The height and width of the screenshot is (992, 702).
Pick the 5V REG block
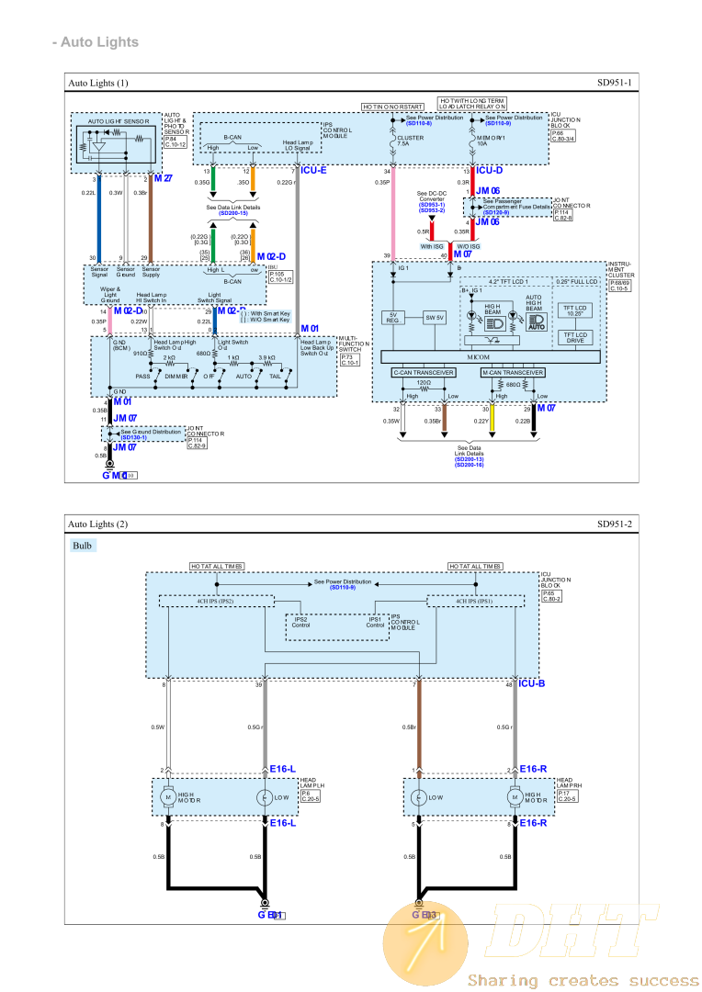coord(391,318)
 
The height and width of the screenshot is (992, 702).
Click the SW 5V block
coord(434,318)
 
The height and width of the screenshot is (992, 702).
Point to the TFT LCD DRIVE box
coord(575,337)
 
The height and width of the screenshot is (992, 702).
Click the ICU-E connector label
coord(313,171)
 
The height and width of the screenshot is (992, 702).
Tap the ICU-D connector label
coord(490,171)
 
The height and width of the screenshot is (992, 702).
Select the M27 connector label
coord(163,177)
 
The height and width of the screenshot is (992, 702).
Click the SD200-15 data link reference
coord(233,212)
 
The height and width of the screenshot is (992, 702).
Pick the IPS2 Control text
coord(300,622)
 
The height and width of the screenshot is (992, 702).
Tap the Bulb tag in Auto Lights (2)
coord(83,545)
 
